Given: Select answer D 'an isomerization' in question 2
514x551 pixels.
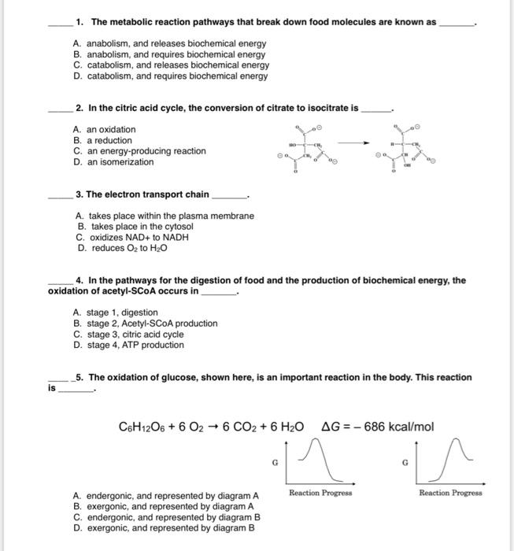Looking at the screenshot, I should pyautogui.click(x=114, y=162).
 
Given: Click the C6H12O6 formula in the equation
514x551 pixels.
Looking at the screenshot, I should pyautogui.click(x=141, y=427).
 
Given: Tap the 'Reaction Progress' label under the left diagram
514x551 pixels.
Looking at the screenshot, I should pyautogui.click(x=320, y=493).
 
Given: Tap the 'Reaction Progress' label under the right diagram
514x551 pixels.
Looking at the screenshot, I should pyautogui.click(x=450, y=493).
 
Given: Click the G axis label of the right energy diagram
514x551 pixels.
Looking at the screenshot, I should pyautogui.click(x=405, y=464).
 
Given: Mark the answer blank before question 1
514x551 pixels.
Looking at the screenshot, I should pyautogui.click(x=58, y=24).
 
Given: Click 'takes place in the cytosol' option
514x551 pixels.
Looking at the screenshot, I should pyautogui.click(x=135, y=226).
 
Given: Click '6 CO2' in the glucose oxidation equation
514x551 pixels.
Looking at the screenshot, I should pyautogui.click(x=241, y=427).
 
